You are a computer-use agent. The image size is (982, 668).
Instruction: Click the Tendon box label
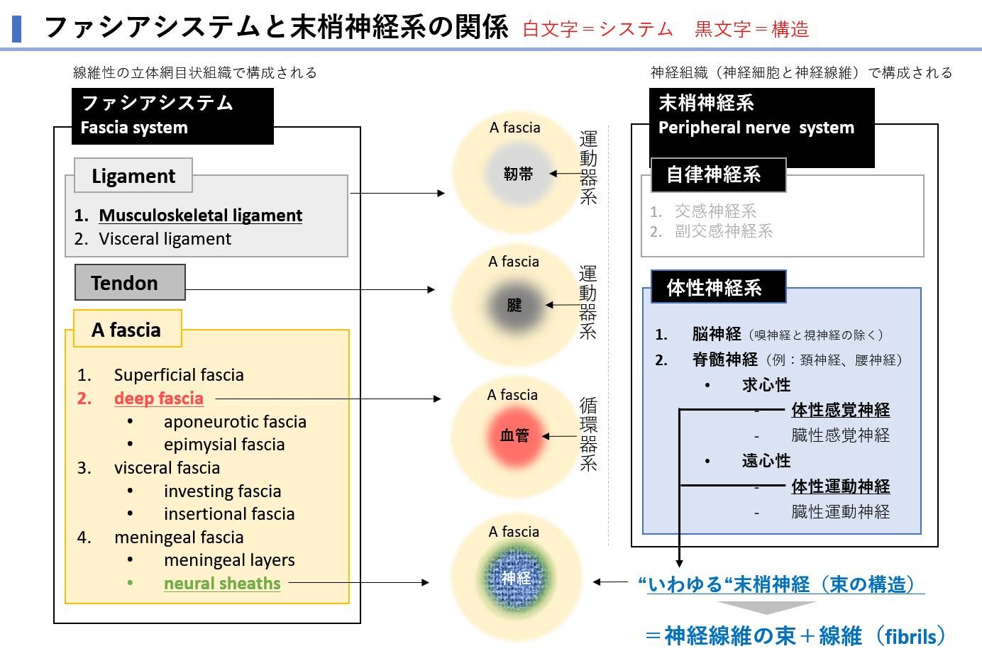130,283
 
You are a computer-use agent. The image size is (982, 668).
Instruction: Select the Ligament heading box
133,176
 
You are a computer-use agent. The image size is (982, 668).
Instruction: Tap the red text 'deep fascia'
159,399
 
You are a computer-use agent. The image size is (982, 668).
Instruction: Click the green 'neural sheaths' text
222,584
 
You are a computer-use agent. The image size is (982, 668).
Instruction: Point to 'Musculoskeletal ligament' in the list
200,216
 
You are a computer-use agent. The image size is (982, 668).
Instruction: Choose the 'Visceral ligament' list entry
165,239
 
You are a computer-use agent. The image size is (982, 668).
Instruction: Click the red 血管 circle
514,435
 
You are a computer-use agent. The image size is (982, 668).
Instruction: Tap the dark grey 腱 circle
514,305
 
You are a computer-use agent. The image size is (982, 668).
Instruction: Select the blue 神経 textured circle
516,578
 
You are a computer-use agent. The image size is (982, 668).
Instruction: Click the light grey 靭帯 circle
518,174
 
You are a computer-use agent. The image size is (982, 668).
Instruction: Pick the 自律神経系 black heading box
717,175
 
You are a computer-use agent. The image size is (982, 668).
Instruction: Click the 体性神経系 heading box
717,287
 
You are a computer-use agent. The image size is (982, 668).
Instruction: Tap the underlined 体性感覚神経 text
841,410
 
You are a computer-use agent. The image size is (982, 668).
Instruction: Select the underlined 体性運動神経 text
841,486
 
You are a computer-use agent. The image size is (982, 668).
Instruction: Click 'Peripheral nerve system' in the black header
756,128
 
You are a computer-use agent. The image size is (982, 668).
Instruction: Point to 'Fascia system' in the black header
134,128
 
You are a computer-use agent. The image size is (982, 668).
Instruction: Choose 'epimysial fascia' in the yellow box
224,445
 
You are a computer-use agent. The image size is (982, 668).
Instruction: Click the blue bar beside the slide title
17,28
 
